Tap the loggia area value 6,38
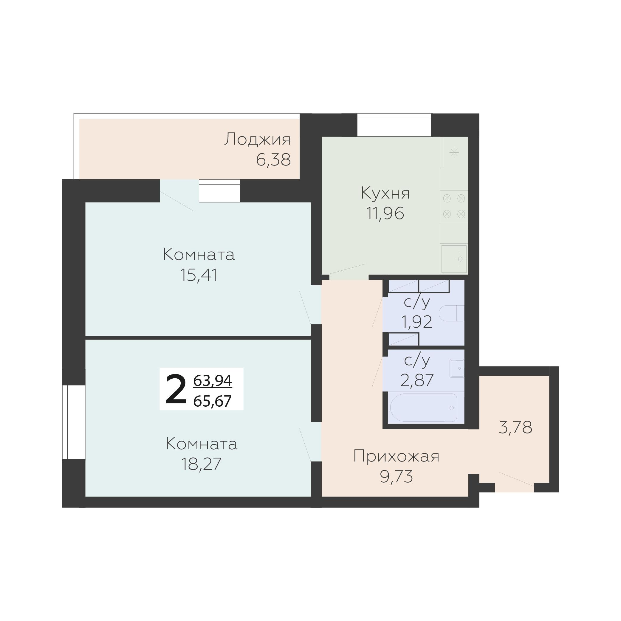pyautogui.click(x=274, y=159)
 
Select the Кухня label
pyautogui.click(x=385, y=193)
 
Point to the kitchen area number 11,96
pyautogui.click(x=385, y=213)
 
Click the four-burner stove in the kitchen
pyautogui.click(x=454, y=206)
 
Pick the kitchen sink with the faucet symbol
pyautogui.click(x=454, y=259)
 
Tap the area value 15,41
pyautogui.click(x=198, y=275)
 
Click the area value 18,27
pyautogui.click(x=201, y=464)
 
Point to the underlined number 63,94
pyautogui.click(x=213, y=381)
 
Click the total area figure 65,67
pyautogui.click(x=213, y=401)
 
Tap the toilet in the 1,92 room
pyautogui.click(x=452, y=313)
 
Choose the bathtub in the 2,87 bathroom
pyautogui.click(x=424, y=408)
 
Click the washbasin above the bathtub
pyautogui.click(x=457, y=368)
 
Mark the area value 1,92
pyautogui.click(x=416, y=321)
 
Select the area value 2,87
pyautogui.click(x=417, y=380)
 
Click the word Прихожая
pyautogui.click(x=396, y=456)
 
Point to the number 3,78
pyautogui.click(x=515, y=428)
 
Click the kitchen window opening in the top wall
pyautogui.click(x=394, y=125)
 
